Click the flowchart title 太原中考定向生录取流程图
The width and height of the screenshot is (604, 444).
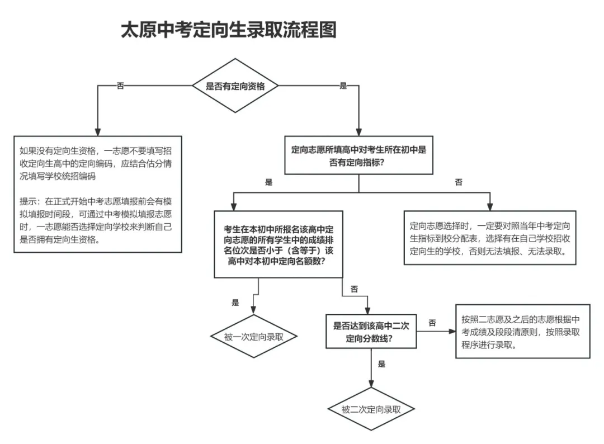coord(229,30)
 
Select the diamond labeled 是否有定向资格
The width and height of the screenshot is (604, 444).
coord(235,86)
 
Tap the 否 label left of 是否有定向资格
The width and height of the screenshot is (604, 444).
coord(120,86)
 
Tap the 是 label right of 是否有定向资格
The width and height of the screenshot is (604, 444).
coord(343,86)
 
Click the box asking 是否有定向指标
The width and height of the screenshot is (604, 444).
coord(358,155)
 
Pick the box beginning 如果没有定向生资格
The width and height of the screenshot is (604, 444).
coord(98,194)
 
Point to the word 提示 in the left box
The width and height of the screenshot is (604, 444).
coord(27,200)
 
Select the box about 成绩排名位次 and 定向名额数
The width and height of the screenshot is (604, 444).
coord(279,244)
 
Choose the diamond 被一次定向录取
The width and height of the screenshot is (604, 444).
coord(253,337)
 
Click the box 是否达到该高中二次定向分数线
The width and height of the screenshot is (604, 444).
coord(371,331)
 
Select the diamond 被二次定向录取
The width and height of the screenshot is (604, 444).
coord(371,409)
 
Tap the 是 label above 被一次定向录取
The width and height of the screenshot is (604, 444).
coord(235,303)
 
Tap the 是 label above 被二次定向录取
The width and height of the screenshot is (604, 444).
coord(381,364)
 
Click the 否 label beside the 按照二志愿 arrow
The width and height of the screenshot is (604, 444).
coord(432,323)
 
